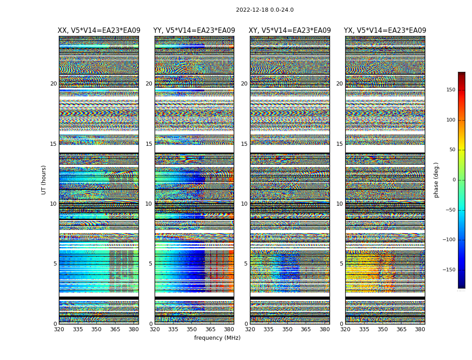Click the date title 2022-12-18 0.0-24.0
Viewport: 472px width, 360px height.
point(265,10)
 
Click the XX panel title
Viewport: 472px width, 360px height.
point(99,31)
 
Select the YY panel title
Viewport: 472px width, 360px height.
point(194,31)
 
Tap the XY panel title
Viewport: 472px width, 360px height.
point(290,31)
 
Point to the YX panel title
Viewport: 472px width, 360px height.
point(385,31)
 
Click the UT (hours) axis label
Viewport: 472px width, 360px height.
point(44,180)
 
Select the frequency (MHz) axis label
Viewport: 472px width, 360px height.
point(217,338)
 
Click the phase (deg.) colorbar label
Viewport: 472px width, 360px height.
point(436,180)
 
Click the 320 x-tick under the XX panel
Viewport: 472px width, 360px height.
point(59,329)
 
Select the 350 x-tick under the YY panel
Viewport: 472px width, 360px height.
point(192,329)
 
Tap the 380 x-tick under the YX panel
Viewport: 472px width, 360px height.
point(420,329)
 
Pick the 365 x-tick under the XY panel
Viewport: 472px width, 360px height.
point(306,329)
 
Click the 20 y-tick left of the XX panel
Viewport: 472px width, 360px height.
point(53,84)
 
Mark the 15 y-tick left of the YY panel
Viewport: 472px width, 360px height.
point(149,144)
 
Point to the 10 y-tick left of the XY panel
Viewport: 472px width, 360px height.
point(245,204)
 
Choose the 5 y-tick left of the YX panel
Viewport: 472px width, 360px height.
point(341,264)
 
